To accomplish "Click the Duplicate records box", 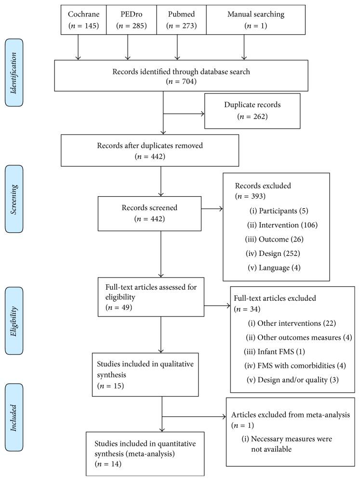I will pos(252,111).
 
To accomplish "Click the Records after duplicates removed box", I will pos(150,150).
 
